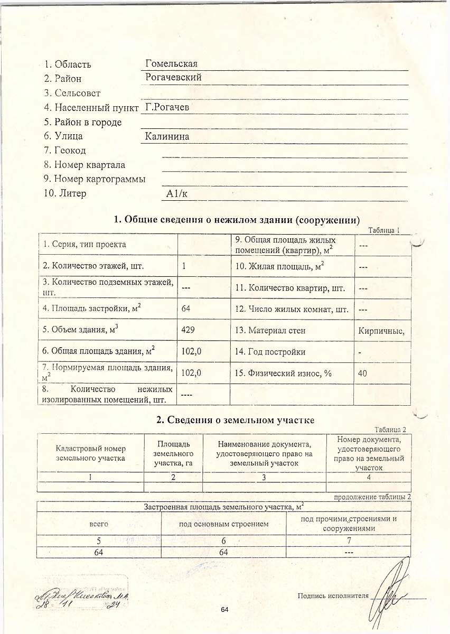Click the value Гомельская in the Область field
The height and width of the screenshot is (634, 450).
[171, 63]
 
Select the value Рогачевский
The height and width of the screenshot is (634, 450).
[173, 78]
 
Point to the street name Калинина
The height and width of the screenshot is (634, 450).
[167, 137]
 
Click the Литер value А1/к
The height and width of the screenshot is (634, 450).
[176, 194]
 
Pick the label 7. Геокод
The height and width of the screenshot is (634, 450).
[65, 151]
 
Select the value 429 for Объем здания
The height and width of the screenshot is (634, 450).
[188, 330]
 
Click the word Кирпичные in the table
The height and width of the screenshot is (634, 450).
[381, 331]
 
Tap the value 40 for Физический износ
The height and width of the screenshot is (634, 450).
[362, 373]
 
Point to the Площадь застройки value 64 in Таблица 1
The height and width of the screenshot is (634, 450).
[185, 308]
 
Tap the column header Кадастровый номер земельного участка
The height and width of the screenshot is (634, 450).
[90, 453]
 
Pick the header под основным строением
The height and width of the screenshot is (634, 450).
[224, 524]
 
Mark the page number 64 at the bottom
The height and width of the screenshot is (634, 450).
[224, 610]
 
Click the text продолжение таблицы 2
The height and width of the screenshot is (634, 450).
[372, 497]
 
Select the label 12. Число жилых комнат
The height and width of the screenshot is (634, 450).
[292, 309]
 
